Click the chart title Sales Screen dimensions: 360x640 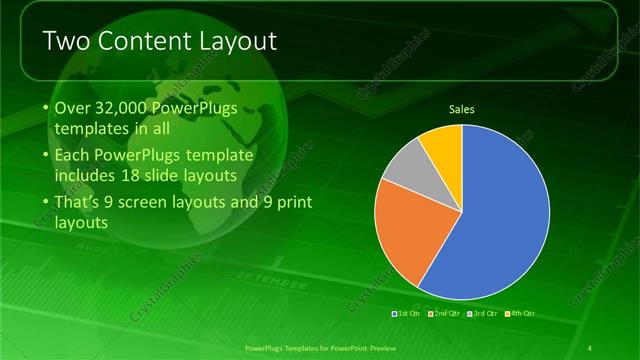tap(461, 109)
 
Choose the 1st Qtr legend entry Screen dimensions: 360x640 tap(406, 314)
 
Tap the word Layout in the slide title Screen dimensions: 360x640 tap(237, 41)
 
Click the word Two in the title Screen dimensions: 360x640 tap(65, 41)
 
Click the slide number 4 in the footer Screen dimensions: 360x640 tap(591, 347)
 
